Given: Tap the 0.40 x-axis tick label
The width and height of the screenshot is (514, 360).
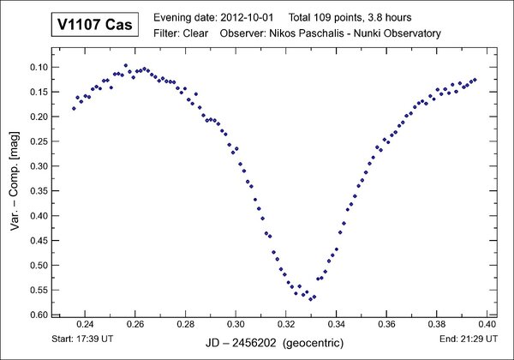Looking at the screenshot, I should point(487,325).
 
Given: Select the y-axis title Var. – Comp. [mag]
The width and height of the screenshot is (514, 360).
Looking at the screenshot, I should point(15,189).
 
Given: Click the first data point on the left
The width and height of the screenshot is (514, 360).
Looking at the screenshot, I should point(74,108).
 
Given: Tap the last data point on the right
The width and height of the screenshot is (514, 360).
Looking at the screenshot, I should point(475,79).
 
